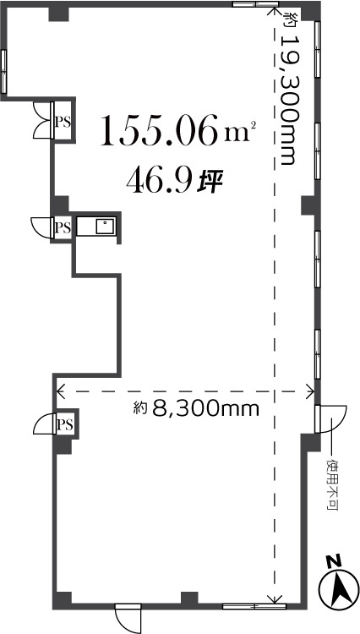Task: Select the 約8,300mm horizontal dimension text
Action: [x=195, y=408]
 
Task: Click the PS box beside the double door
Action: [x=63, y=122]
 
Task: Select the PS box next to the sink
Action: [x=63, y=227]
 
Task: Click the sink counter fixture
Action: [x=96, y=227]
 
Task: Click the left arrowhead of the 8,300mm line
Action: [x=59, y=391]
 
